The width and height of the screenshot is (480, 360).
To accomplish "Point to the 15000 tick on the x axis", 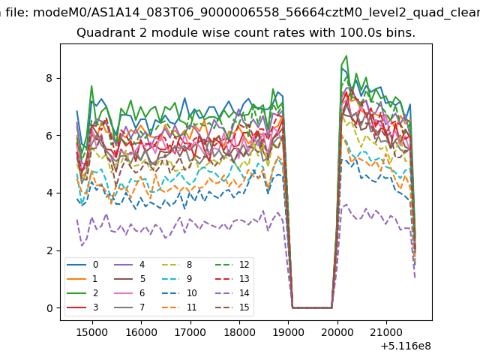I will (92, 331).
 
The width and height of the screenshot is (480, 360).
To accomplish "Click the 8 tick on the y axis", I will (50, 78).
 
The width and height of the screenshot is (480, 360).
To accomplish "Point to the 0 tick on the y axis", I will (50, 307).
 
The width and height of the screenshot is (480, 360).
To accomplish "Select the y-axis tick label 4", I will (50, 193).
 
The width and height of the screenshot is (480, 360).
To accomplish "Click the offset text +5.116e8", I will (406, 345).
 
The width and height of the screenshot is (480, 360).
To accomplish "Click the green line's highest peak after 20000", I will (346, 55).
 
